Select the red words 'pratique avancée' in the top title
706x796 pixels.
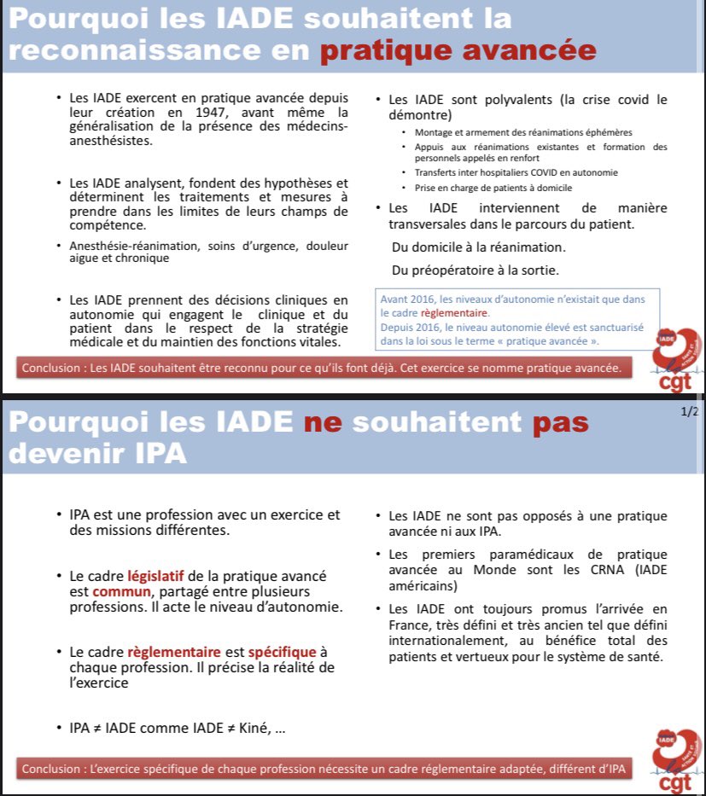coord(458,50)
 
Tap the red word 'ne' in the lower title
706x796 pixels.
coord(324,423)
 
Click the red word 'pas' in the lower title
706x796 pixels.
coord(562,423)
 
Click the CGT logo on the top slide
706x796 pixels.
coord(674,358)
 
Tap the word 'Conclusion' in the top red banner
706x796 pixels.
coord(53,369)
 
